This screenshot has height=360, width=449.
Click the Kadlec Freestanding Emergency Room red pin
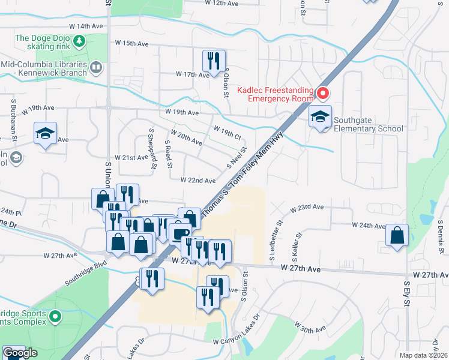coord(323,93)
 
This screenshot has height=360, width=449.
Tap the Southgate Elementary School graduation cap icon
coord(320,116)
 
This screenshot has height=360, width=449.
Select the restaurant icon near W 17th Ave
coord(214,61)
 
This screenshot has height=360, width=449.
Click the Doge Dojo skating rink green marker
coord(79,41)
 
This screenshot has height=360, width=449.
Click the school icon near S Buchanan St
coord(45,134)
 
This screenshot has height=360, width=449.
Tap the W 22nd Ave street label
coord(197,181)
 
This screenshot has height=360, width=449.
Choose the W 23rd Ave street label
coord(307,207)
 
